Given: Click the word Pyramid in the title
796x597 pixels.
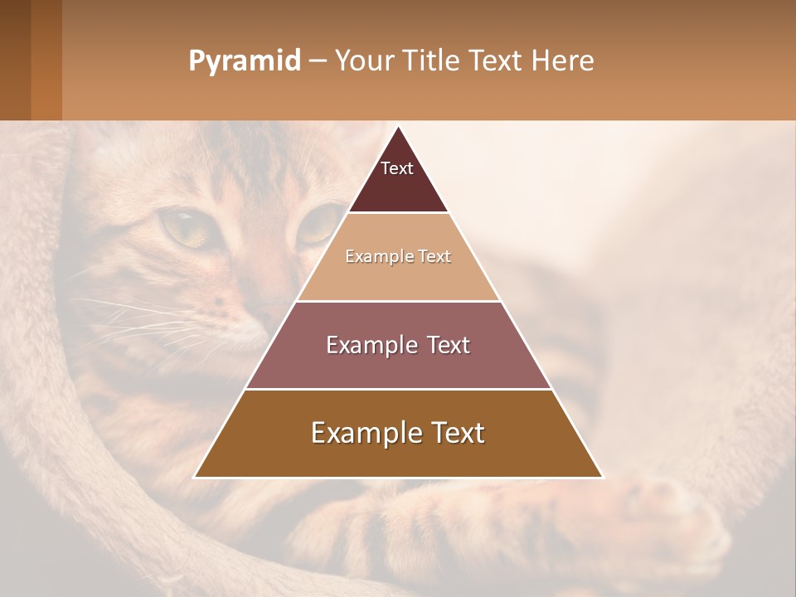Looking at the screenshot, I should click(x=244, y=61).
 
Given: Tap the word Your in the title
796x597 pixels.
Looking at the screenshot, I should click(x=365, y=61).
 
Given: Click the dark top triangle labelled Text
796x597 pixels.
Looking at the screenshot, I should click(x=398, y=178).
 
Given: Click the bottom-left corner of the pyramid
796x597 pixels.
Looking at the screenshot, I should click(x=196, y=477).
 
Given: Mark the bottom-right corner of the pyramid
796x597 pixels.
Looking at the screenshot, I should click(x=601, y=477).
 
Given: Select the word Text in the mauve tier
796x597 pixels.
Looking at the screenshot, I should click(x=444, y=345).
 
